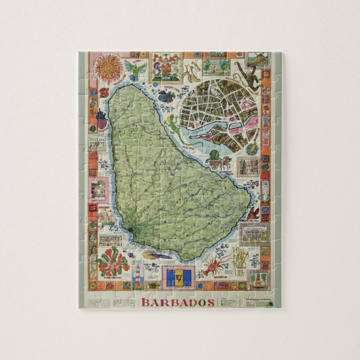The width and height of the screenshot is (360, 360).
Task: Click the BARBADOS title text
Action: (178, 302)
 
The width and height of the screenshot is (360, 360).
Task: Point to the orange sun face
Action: (109, 69)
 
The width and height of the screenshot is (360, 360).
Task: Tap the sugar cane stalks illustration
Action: (240, 261)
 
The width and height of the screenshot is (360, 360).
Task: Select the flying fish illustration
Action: (158, 255)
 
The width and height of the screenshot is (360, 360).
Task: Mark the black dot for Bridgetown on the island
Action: (130, 229)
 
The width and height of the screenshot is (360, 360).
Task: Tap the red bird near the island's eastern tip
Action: (254, 212)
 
